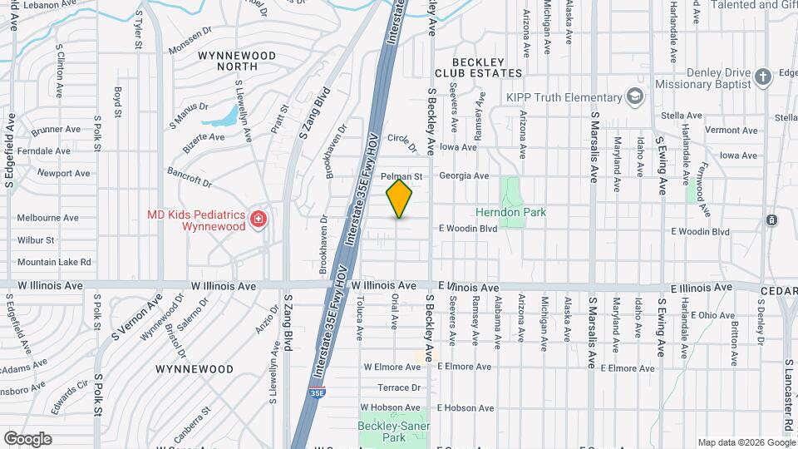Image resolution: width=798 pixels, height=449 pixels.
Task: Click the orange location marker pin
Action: pyautogui.click(x=400, y=199)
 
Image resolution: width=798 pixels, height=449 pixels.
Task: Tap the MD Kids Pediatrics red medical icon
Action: pyautogui.click(x=259, y=220)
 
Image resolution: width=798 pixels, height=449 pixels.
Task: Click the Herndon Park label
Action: pyautogui.click(x=511, y=212)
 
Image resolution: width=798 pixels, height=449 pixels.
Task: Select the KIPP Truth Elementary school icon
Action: pyautogui.click(x=636, y=97)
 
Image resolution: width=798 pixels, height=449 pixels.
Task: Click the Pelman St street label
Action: pyautogui.click(x=402, y=177)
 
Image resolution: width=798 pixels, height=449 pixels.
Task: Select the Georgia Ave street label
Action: pyautogui.click(x=464, y=175)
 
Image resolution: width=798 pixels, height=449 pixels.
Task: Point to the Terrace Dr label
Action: pyautogui.click(x=399, y=387)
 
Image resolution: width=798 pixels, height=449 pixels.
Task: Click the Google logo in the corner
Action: pyautogui.click(x=27, y=438)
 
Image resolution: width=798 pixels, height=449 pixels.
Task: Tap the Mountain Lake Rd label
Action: pyautogui.click(x=54, y=262)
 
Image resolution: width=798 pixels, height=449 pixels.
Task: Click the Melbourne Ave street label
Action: pyautogui.click(x=47, y=218)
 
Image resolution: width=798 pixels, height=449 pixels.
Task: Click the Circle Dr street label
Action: pyautogui.click(x=401, y=143)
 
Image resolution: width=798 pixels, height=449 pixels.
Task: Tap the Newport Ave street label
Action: pyautogui.click(x=63, y=173)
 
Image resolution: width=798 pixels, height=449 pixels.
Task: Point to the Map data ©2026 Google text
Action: pyautogui.click(x=746, y=442)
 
